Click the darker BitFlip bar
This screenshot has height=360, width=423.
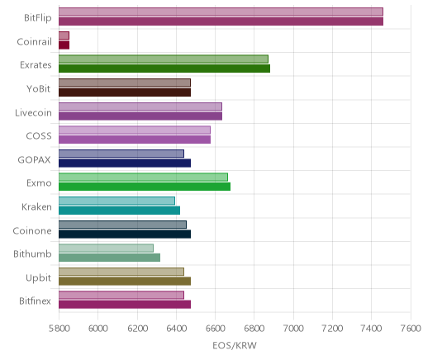tap(221, 21)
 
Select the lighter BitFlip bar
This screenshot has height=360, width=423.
tap(221, 12)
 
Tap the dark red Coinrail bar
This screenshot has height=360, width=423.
tap(64, 45)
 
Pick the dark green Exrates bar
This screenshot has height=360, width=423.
tap(164, 69)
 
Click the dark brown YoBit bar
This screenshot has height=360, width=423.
tap(125, 92)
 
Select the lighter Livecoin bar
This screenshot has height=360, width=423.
tap(140, 107)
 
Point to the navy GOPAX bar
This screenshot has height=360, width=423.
tap(125, 163)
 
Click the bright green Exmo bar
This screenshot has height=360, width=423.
tap(145, 187)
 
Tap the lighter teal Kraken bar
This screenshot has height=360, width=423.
tap(116, 201)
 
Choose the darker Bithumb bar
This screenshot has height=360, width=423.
tap(109, 258)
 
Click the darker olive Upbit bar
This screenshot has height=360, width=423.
tap(125, 281)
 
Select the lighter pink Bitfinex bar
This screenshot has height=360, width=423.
tap(121, 296)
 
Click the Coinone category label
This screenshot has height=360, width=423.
tap(32, 230)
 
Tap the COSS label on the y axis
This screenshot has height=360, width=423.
tap(39, 135)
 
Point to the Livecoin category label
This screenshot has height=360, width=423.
tap(33, 112)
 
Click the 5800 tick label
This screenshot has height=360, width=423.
tap(59, 329)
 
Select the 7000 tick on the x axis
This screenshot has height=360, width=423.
tap(293, 329)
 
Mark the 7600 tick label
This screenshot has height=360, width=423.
tap(411, 329)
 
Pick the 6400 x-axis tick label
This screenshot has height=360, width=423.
tap(176, 329)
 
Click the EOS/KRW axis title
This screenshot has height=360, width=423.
tap(235, 345)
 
